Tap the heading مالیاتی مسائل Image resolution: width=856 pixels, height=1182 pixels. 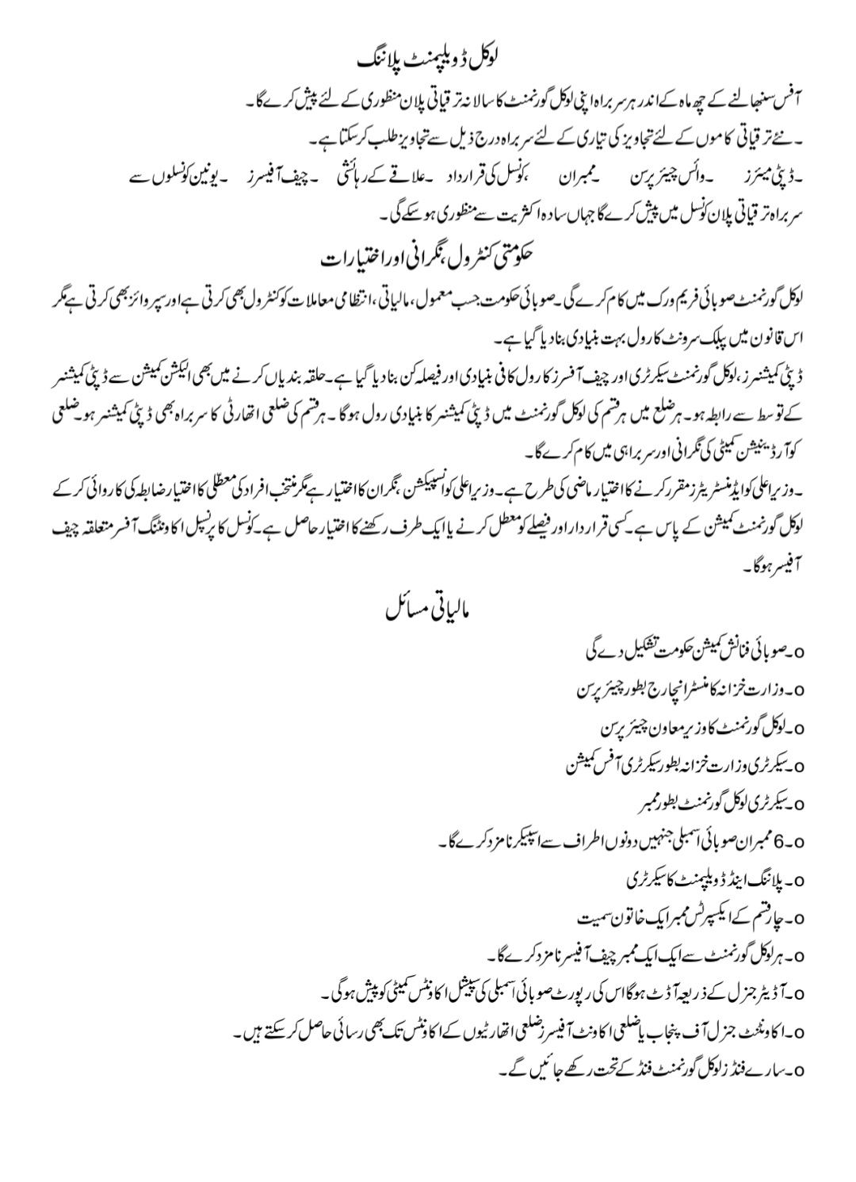(427, 610)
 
